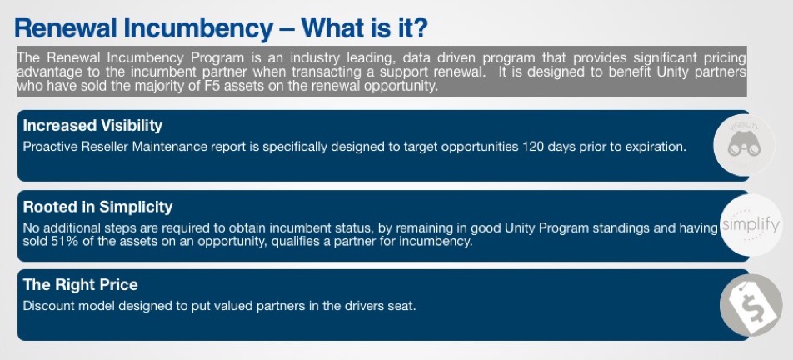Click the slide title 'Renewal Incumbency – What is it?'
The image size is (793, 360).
pos(221,28)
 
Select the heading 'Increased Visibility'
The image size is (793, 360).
pos(92,125)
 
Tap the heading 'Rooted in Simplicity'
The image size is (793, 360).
pos(97,207)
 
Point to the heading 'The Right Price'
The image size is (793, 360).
pos(81,285)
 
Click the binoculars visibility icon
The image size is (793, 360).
pos(744,146)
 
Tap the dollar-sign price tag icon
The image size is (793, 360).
pos(751,305)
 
